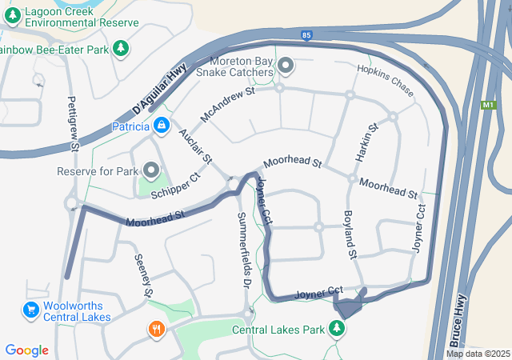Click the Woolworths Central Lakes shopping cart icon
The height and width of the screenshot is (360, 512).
click(x=31, y=310)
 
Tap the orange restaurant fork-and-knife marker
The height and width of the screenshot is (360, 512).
click(x=156, y=328)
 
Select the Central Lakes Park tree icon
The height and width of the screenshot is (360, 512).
click(x=338, y=328)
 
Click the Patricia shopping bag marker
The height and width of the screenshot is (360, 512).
click(x=162, y=126)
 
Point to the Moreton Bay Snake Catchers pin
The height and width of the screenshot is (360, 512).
click(x=286, y=64)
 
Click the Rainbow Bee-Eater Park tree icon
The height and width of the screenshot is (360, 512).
click(x=121, y=50)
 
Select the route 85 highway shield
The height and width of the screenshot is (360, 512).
click(x=307, y=35)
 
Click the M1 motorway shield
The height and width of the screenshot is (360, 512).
click(x=489, y=105)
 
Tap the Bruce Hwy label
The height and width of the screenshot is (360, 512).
click(x=458, y=318)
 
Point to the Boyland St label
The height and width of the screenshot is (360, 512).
click(x=349, y=234)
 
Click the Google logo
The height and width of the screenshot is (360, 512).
click(x=26, y=350)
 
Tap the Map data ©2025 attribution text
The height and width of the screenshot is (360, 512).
click(x=477, y=354)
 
